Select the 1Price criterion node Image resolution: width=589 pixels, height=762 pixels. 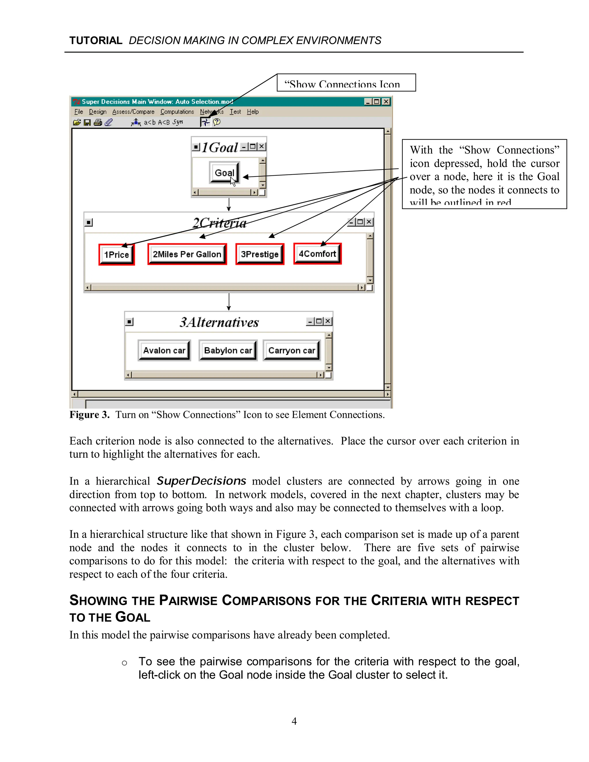click(116, 255)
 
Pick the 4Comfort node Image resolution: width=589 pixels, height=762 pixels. click(317, 254)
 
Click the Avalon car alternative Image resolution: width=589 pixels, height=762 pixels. click(164, 350)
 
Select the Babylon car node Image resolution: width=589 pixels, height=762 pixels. click(228, 350)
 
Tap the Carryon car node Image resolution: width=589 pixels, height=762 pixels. click(292, 350)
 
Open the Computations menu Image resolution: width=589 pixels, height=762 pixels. click(177, 112)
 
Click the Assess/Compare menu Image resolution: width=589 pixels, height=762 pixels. click(133, 112)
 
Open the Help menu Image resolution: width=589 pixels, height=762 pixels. click(253, 112)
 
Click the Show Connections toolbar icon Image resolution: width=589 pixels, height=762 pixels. click(205, 122)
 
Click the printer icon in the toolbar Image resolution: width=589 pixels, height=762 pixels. click(98, 122)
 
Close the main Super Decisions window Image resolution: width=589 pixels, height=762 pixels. click(386, 102)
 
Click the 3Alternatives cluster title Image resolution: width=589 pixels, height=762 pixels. click(219, 322)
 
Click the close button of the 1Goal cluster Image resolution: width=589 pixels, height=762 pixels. click(261, 147)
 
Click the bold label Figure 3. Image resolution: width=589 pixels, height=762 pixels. click(89, 414)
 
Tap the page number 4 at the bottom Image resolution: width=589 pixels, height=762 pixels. click(294, 721)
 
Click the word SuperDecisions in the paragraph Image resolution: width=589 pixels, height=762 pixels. click(201, 481)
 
